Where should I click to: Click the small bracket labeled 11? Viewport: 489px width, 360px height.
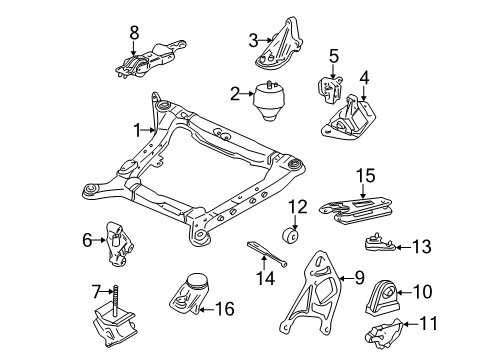[x=385, y=336]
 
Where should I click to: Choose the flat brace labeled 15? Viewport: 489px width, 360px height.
[x=361, y=208]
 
